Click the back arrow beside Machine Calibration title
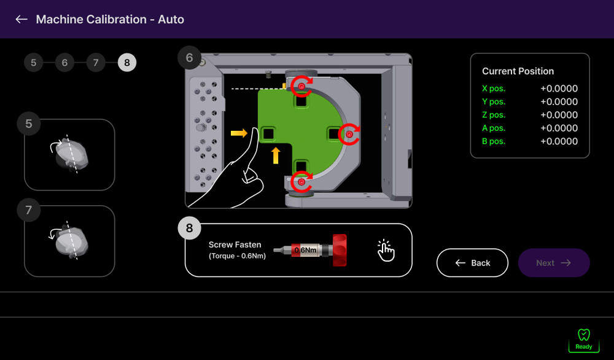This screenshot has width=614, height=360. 21,19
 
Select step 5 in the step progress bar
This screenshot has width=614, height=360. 33,63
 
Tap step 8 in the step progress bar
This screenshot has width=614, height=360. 127,63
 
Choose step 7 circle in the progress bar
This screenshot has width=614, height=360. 96,63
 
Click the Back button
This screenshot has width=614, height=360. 472,263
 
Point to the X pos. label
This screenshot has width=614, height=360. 494,88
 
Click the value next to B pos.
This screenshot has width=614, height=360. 559,141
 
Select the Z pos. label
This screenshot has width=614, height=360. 494,115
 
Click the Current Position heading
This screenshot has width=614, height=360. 518,71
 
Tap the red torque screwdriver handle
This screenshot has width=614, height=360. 340,250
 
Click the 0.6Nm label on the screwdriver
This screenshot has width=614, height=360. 305,250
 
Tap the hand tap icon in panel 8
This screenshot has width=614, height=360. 386,250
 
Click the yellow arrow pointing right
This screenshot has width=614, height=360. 239,133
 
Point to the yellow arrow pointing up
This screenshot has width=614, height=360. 276,155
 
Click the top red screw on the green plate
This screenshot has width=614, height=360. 301,86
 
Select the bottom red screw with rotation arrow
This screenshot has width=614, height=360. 301,182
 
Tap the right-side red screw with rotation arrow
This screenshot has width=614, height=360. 349,135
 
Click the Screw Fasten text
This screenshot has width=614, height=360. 235,245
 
